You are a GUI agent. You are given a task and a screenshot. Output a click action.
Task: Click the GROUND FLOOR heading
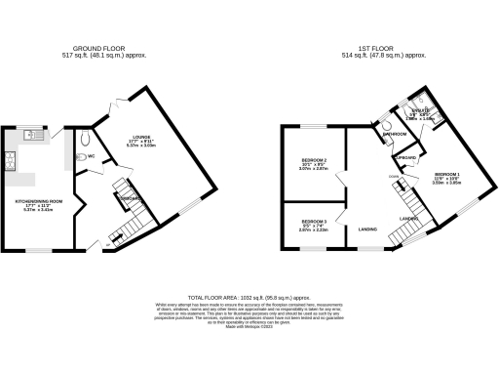click(98, 47)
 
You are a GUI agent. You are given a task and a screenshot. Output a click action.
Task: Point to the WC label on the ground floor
click(91, 155)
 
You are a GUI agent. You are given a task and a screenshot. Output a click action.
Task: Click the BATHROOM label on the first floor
click(395, 134)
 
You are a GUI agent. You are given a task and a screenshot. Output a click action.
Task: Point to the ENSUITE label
click(420, 111)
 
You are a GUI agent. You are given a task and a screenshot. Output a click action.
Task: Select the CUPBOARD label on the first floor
click(406, 157)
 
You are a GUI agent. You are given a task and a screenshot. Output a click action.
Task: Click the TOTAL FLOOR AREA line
click(249, 295)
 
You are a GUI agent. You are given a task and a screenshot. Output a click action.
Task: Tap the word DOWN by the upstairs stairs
click(390, 178)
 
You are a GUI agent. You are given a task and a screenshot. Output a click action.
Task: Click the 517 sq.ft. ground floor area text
click(98, 55)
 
